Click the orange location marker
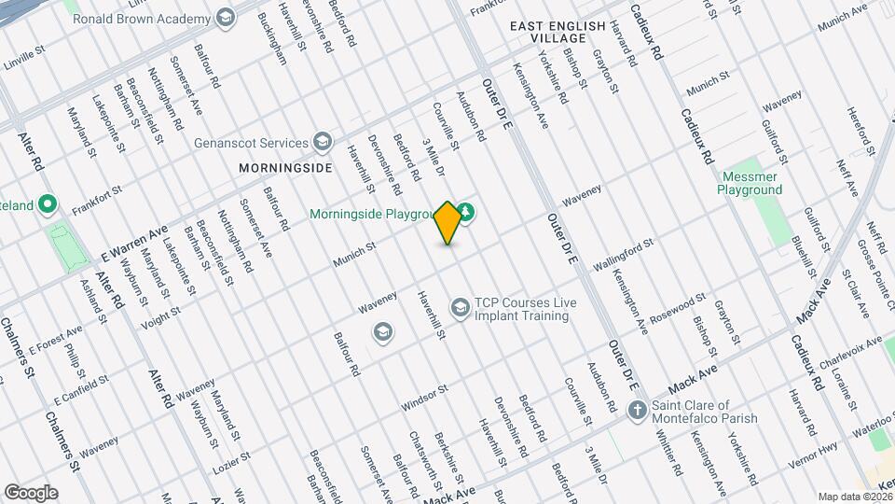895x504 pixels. coord(448,222)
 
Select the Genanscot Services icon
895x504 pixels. coord(323,143)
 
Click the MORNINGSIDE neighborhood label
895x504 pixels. coord(285,168)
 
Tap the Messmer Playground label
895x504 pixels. coord(750,183)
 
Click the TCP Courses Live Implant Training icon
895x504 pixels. coord(460,307)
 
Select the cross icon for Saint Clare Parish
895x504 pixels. coord(637,409)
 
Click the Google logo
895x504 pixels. coord(31,492)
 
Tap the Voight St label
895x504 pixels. coord(159,321)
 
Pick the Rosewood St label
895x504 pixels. coord(678,307)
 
